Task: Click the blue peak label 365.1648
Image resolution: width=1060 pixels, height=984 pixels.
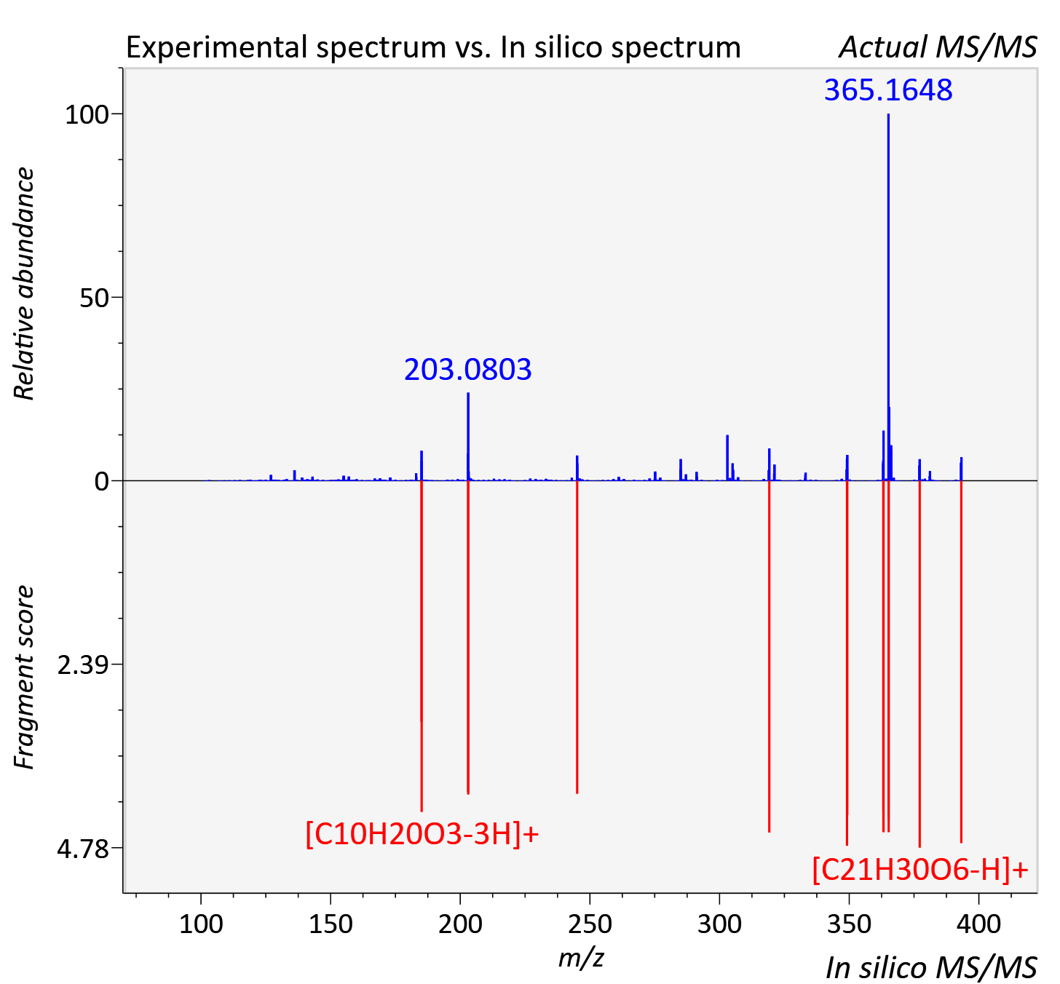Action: coord(888,90)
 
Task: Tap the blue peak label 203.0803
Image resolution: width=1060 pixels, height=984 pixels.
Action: coord(468,369)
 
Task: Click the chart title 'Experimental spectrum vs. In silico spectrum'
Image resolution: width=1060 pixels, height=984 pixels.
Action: coord(433,47)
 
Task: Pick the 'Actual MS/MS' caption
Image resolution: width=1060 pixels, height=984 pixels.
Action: coord(938,47)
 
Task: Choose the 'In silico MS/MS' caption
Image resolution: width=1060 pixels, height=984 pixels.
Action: coord(931,967)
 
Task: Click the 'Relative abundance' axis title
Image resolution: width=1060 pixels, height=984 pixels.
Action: coord(24,284)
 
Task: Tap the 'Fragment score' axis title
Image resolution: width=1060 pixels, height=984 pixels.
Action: coord(24,677)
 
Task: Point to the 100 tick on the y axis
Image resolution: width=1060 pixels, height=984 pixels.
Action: coord(87,114)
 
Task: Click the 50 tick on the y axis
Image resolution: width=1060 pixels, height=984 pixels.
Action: coord(94,298)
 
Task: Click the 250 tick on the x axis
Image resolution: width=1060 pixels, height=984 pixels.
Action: coord(590,924)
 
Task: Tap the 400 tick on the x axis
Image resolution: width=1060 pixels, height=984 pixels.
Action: coord(979,924)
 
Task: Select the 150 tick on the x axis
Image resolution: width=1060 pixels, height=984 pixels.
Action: coord(331,924)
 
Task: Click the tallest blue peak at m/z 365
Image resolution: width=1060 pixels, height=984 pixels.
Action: coord(888,297)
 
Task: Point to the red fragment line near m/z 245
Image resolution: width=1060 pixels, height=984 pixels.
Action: coord(577,637)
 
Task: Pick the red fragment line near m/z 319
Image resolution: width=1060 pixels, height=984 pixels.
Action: coord(769,656)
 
